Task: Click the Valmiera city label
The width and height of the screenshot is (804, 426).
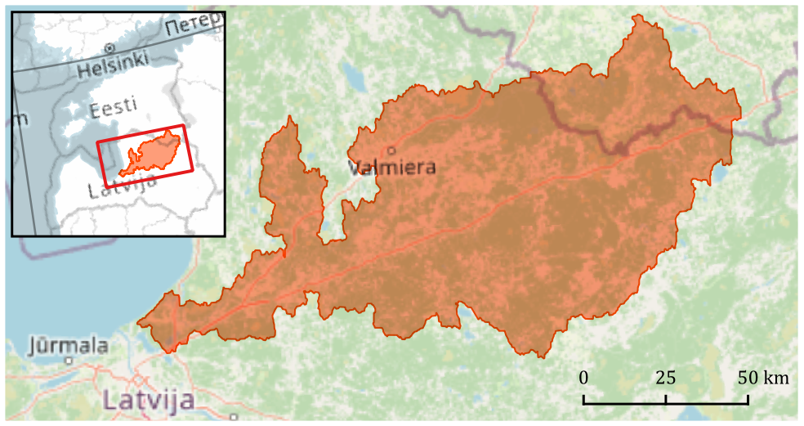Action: click(391, 168)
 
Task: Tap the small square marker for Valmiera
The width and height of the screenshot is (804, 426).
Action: click(391, 150)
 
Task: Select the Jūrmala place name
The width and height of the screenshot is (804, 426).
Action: click(69, 345)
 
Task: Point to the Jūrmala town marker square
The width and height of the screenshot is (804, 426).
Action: click(69, 361)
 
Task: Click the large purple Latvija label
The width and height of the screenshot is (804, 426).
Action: click(149, 401)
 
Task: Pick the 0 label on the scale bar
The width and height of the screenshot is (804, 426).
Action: click(583, 378)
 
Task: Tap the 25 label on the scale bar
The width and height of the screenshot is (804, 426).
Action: click(665, 378)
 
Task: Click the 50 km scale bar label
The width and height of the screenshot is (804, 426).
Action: click(764, 378)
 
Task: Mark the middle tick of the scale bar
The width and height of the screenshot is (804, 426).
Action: click(665, 399)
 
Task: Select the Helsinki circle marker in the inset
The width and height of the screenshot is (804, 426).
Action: click(109, 47)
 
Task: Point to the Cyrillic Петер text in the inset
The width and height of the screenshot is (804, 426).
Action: click(193, 27)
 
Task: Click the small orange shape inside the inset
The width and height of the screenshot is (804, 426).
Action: click(151, 154)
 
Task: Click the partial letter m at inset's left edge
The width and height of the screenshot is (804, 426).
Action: click(20, 120)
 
